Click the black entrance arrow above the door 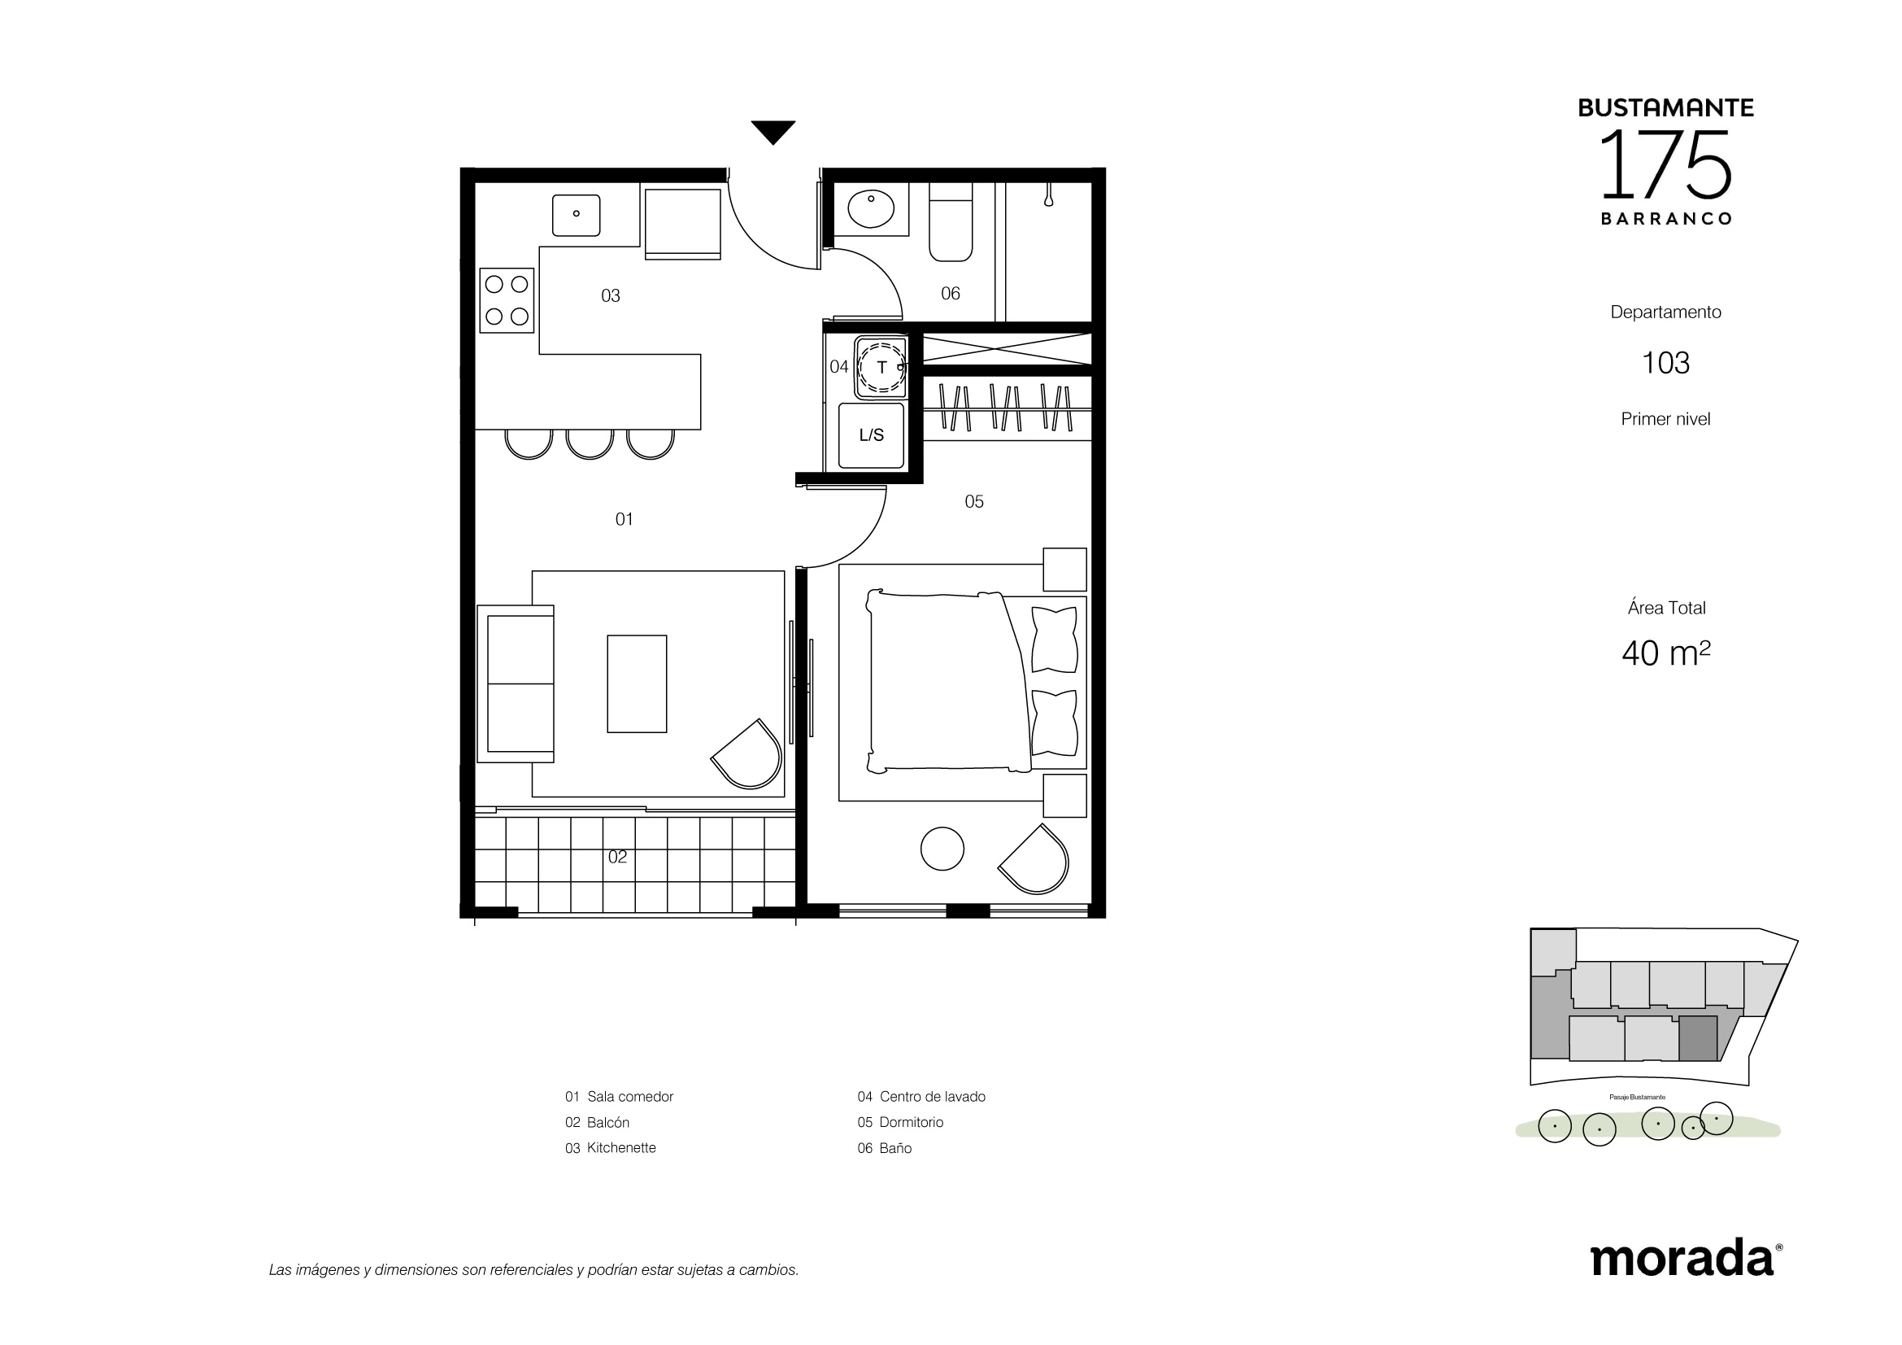pos(773,131)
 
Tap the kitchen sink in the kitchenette pos(576,215)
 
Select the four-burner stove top pos(507,300)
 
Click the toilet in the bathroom pos(950,221)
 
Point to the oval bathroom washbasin pos(871,208)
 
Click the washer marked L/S pos(872,435)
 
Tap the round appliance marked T pos(881,367)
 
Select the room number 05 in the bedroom pos(974,501)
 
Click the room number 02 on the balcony pos(617,857)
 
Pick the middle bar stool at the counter pos(590,445)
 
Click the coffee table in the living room pos(637,683)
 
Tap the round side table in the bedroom pos(942,849)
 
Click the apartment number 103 pos(1666,363)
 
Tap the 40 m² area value pos(1666,653)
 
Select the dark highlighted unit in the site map pos(1698,1038)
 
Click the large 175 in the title pos(1665,165)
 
